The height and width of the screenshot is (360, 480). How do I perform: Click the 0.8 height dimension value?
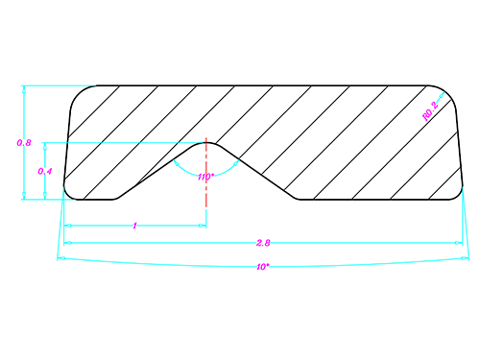pos(24,143)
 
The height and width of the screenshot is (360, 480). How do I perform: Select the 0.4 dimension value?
pos(45,172)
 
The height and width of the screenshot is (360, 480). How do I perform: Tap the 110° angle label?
pos(205,177)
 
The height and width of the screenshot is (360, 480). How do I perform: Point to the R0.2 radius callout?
pos(430,111)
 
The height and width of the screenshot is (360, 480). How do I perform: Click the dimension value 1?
pos(135,226)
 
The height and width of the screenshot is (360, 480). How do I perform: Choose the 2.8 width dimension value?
pos(263,243)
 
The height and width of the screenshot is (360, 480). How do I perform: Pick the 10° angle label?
pos(263,267)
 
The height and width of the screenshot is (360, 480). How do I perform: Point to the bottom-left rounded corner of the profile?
pos(68,195)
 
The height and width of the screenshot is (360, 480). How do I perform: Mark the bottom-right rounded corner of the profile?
pos(459,195)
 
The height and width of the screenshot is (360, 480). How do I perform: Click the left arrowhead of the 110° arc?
pos(176,162)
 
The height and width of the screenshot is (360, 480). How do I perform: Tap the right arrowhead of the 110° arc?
pos(236,163)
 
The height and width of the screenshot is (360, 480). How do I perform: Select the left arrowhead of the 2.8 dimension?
pos(68,243)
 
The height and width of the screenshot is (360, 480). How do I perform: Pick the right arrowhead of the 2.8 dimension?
pos(459,243)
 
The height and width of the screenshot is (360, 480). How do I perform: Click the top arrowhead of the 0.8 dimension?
pos(24,89)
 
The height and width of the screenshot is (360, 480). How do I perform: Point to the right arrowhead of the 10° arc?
pos(465,258)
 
